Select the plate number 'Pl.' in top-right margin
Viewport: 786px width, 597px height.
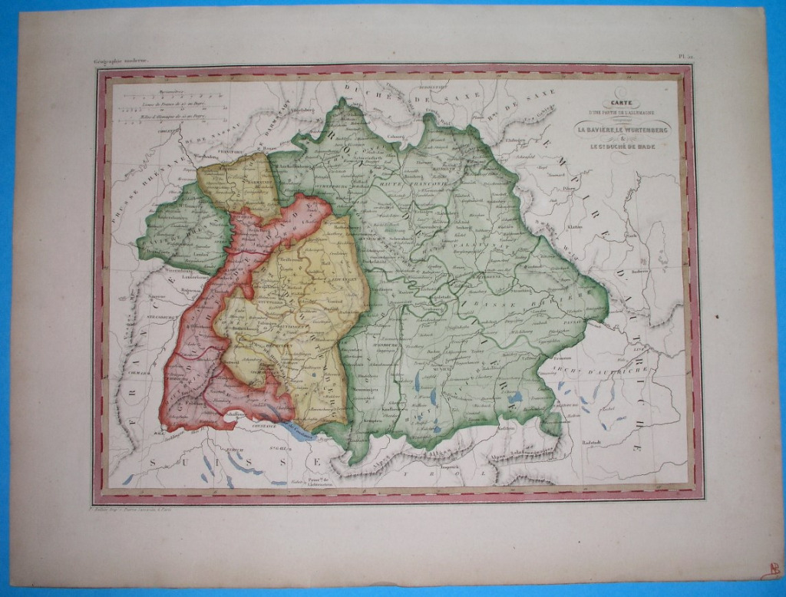(684, 56)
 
